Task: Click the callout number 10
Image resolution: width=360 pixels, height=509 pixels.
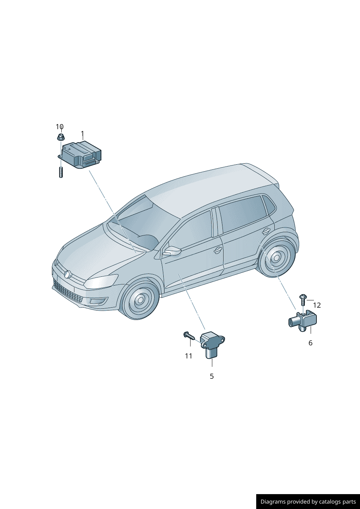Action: point(60,127)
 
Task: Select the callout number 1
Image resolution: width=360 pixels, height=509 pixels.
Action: point(82,134)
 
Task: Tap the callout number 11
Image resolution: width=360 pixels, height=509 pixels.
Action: point(188,356)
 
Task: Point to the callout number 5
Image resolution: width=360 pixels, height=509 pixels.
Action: point(212,376)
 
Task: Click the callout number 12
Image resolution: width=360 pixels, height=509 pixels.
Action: point(317,305)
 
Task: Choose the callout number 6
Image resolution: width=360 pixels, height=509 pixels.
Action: point(310,343)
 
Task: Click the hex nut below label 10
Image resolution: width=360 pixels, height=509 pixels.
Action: point(61,137)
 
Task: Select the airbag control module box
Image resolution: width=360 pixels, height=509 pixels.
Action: point(79,155)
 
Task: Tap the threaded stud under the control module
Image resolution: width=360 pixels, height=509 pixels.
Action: point(61,172)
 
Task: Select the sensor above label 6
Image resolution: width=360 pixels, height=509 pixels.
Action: point(303,321)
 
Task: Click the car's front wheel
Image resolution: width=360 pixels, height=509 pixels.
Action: point(140,300)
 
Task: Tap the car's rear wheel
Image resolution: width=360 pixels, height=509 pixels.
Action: point(277,258)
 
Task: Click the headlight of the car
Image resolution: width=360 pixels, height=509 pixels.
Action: point(101,281)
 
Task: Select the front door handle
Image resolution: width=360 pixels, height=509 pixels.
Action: point(218,250)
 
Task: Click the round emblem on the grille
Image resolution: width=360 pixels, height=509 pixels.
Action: point(67,274)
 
